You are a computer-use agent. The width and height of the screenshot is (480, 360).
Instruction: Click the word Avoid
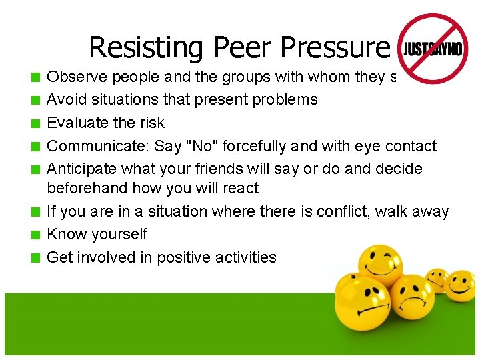(64, 100)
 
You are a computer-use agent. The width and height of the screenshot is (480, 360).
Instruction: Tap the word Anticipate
(79, 169)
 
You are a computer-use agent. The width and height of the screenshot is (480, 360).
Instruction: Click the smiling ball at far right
(461, 285)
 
